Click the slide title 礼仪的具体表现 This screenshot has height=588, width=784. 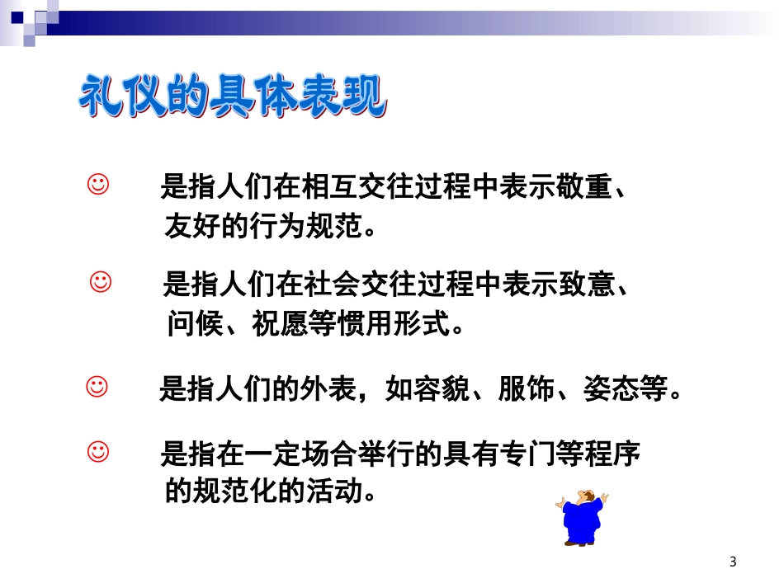[x=232, y=99]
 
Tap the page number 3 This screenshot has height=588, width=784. [x=733, y=562]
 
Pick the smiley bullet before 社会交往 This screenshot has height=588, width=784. [x=100, y=282]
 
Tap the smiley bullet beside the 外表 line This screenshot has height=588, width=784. [x=97, y=385]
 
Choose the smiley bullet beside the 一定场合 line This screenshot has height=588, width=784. [x=97, y=451]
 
